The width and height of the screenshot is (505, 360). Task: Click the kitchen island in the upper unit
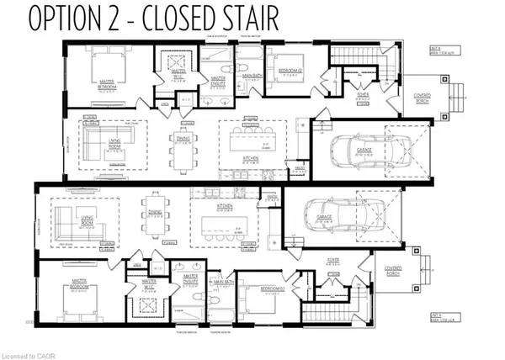(x=242, y=137)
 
